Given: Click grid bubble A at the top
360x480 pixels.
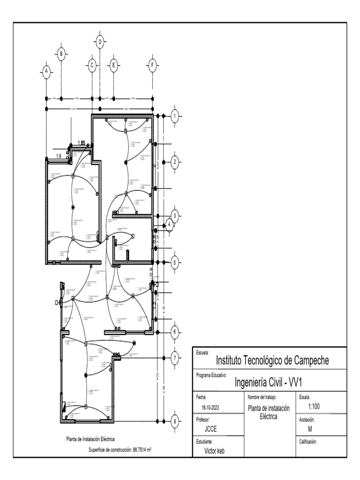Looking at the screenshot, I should coord(46,71).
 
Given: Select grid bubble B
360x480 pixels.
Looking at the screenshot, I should coord(61,55).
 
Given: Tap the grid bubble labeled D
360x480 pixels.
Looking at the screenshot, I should coord(99,42).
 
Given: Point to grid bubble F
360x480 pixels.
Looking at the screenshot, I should coord(152,65).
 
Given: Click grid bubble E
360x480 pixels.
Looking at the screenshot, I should coord(113,65).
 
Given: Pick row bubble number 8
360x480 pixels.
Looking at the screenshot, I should coord(174,421).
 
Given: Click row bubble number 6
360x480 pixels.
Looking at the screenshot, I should coord(174,332).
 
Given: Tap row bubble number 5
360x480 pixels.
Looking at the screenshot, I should coord(174,262).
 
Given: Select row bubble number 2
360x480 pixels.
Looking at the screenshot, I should coord(174,162).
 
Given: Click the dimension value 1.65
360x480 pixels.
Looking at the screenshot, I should coord(82,143).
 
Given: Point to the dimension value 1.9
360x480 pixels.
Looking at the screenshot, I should coord(59,156).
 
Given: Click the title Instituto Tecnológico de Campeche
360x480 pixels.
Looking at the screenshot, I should coord(272,360).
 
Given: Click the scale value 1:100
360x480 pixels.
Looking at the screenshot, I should coord(314,406).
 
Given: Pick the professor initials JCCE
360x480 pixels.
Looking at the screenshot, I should coord(210,429).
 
